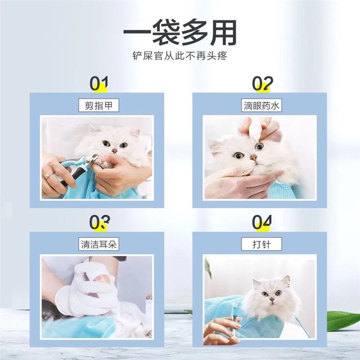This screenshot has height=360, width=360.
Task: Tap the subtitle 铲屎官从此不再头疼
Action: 180,57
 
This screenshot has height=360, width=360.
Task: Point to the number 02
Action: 262,83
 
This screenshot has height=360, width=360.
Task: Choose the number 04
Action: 262,222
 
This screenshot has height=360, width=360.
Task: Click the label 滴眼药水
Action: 261,106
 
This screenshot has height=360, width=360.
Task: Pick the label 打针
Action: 261,244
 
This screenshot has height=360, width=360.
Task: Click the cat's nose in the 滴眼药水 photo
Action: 254,157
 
